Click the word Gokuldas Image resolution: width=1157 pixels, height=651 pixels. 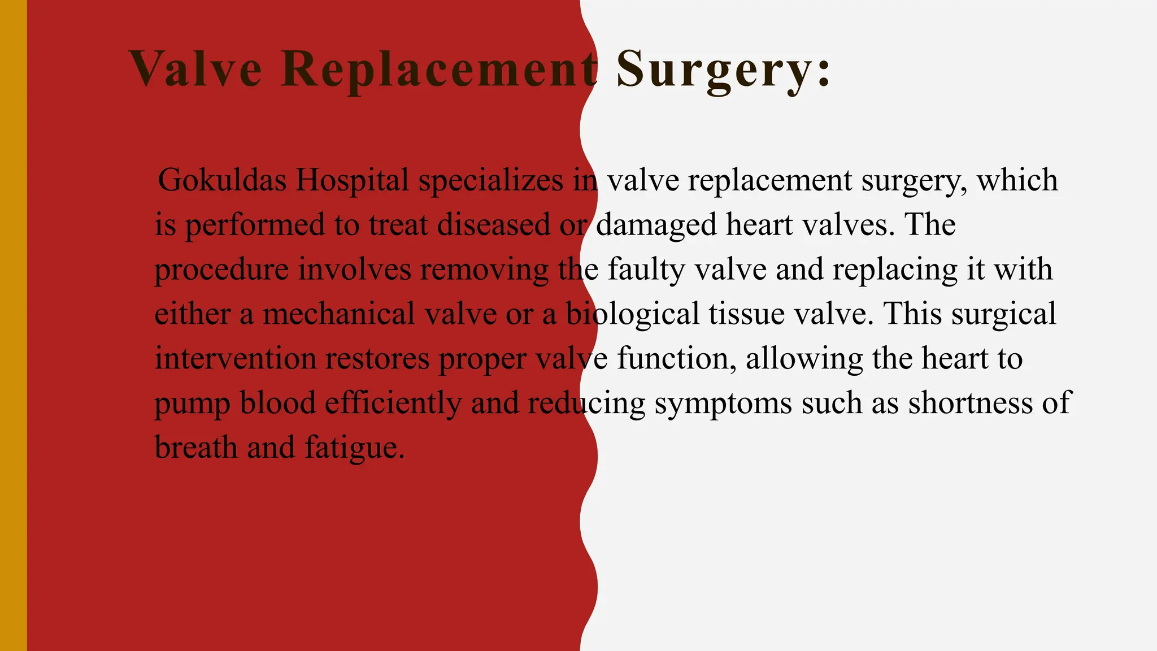tap(222, 180)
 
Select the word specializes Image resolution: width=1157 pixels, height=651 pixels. tap(490, 180)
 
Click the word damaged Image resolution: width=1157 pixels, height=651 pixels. tap(656, 225)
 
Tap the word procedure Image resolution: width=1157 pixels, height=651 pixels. tap(221, 270)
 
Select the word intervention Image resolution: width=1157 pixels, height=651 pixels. tap(235, 359)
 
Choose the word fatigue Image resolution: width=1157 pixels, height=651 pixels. tap(354, 448)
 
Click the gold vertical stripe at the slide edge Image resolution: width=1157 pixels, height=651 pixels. tap(13, 325)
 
